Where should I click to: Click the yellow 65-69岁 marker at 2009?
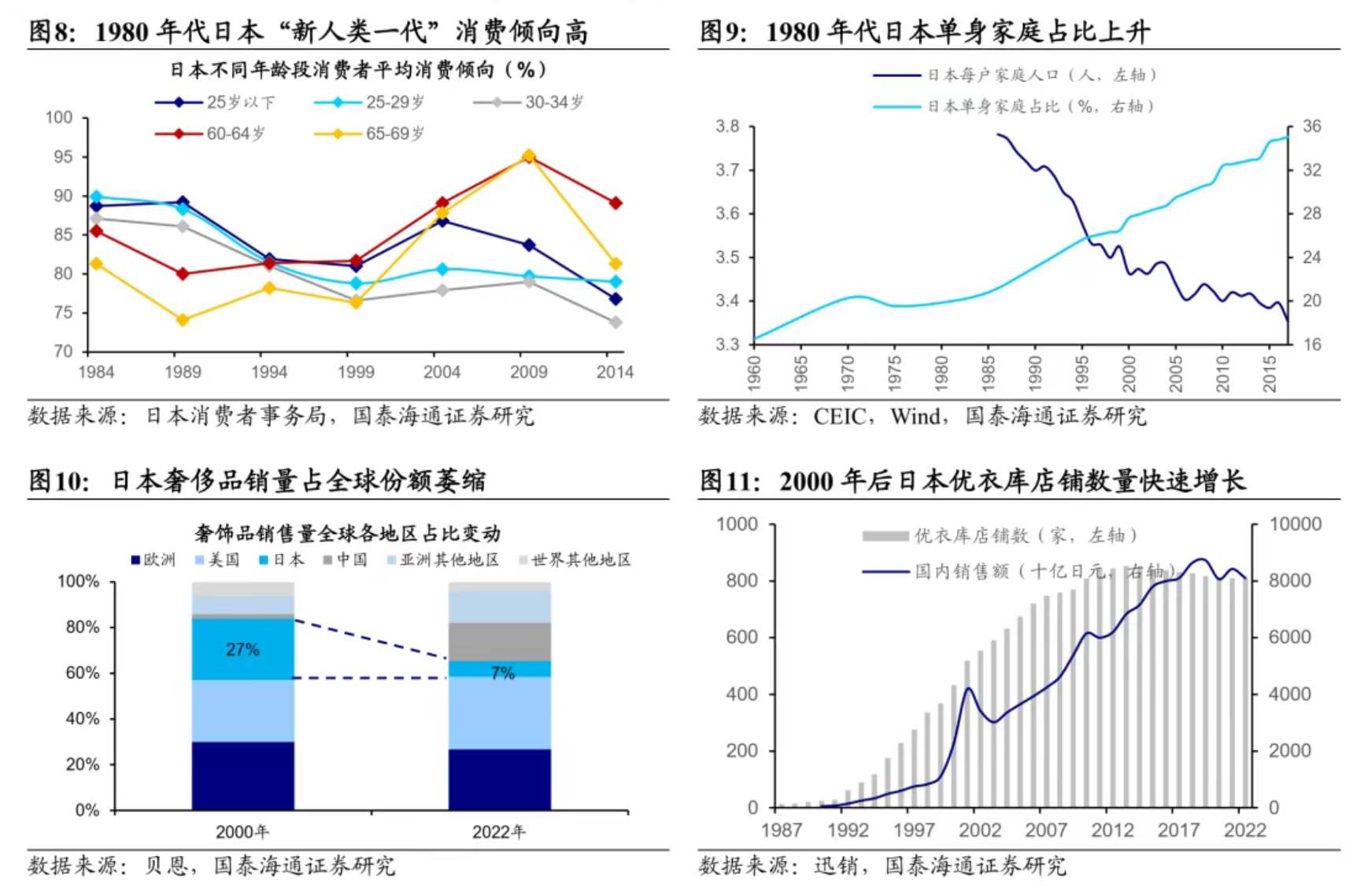click(x=528, y=156)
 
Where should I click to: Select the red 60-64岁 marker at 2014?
click(x=616, y=203)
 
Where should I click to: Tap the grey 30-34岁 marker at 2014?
click(x=616, y=323)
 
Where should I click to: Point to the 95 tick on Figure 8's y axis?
click(x=63, y=157)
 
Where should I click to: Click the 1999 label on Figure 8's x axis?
click(x=356, y=372)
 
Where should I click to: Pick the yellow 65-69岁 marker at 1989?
click(x=183, y=320)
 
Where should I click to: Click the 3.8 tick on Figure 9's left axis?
click(x=727, y=127)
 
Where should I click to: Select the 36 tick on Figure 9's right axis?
click(x=1311, y=127)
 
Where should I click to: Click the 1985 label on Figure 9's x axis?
click(x=989, y=372)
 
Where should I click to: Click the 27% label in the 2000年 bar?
click(x=242, y=650)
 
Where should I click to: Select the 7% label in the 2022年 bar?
click(x=502, y=673)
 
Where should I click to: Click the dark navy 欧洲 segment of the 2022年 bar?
click(x=499, y=779)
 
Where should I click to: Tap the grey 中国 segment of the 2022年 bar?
click(x=499, y=641)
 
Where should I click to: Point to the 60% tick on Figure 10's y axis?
click(x=82, y=673)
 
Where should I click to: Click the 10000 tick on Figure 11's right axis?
click(x=1295, y=525)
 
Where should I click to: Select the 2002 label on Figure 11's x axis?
click(x=980, y=830)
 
